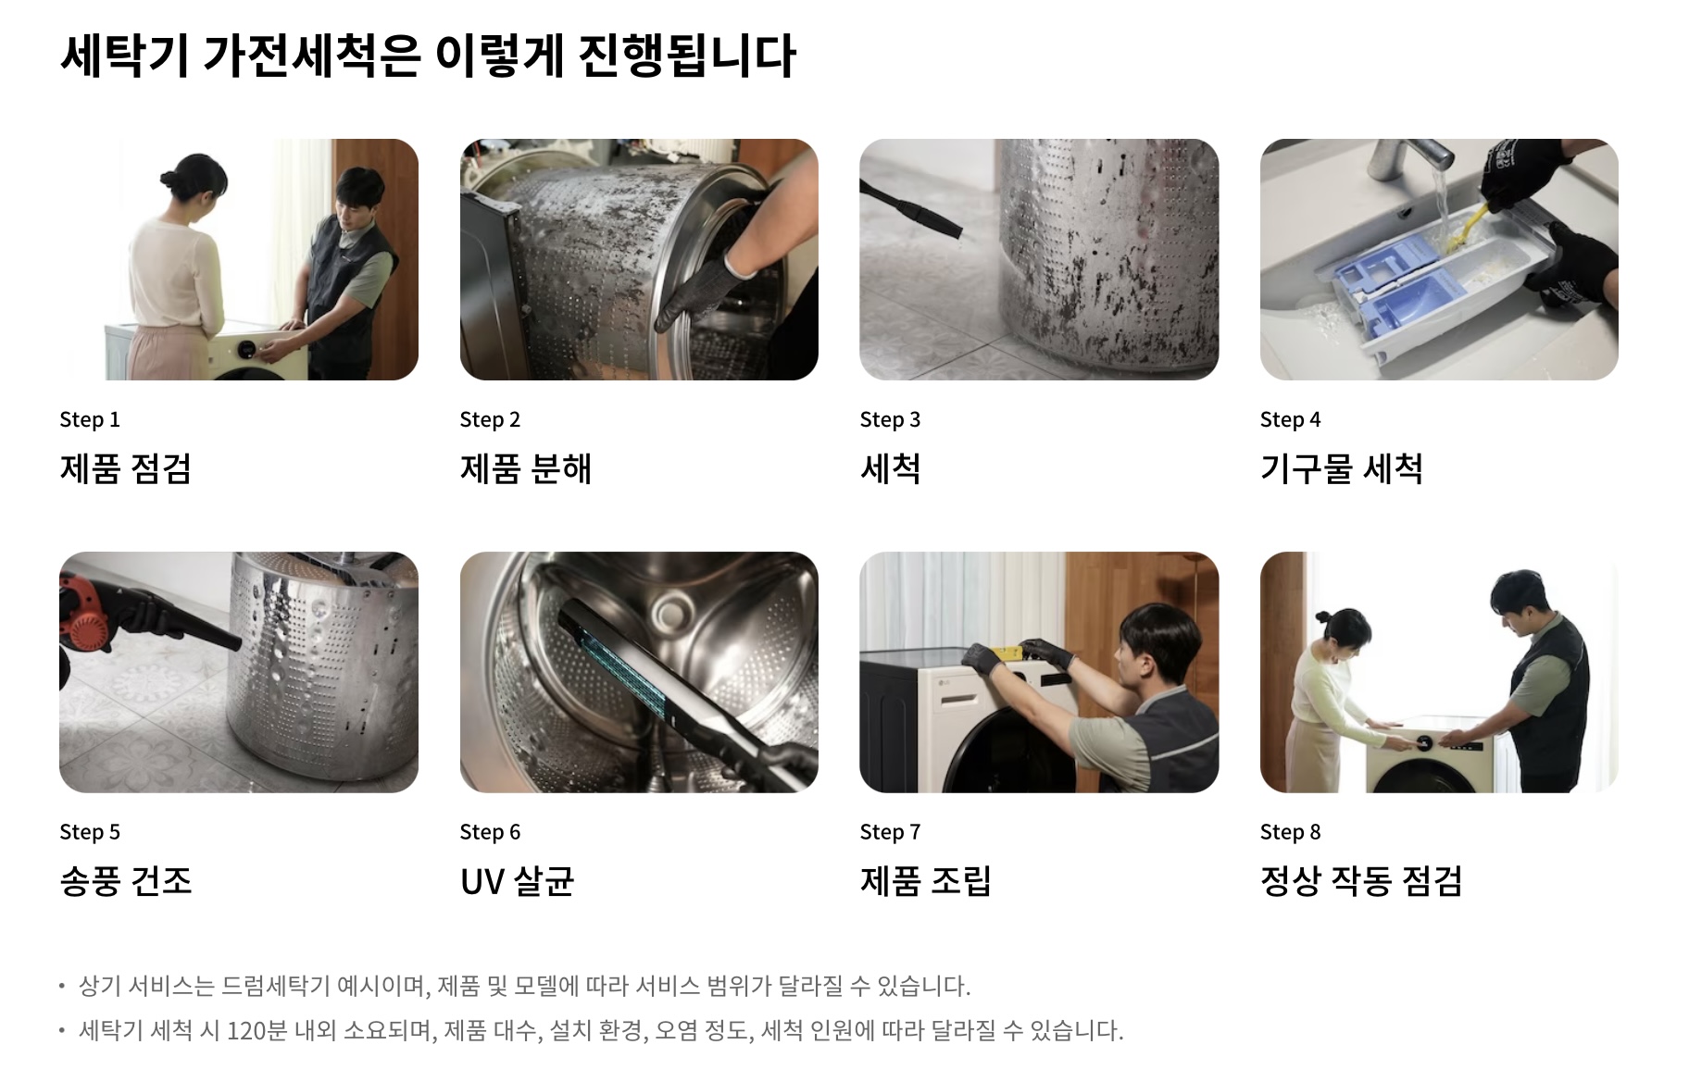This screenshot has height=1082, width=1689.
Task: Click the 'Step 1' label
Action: coord(90,419)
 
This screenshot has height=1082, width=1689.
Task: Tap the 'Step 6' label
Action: coord(490,832)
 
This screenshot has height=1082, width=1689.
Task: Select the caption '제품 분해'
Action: coord(525,468)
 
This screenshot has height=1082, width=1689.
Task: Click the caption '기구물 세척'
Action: coord(1341,468)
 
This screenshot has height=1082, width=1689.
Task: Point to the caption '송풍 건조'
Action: coord(126,880)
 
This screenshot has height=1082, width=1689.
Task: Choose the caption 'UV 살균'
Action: coord(517,880)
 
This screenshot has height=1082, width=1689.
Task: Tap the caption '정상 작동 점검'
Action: coord(1361,880)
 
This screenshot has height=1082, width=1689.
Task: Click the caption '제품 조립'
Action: coord(925,880)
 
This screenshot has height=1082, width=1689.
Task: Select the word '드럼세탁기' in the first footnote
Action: coord(275,986)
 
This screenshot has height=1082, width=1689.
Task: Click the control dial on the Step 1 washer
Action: coord(249,350)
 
